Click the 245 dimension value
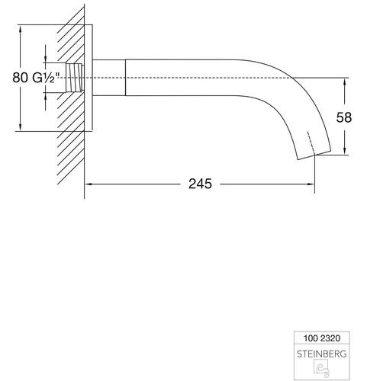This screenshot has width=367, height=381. coord(200,184)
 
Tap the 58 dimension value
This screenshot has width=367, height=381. coord(344,117)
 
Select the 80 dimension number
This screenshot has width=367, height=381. coord(20,78)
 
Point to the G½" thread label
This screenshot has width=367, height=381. coord(46,78)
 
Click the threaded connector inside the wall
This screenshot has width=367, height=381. coord(75,78)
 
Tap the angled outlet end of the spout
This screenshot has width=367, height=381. coord(314,155)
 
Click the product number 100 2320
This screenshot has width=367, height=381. coord(322,338)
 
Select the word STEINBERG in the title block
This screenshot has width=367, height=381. coord(322,354)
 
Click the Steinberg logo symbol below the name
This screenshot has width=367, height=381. coord(321,368)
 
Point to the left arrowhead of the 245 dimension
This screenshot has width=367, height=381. coord(88,184)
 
